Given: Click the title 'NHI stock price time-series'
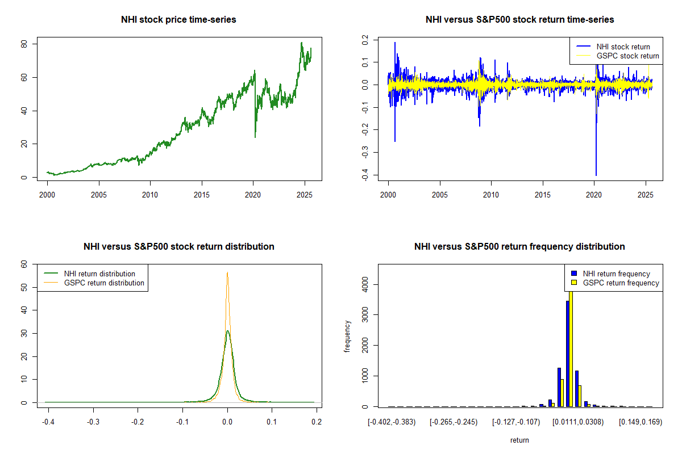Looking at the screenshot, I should click(178, 20).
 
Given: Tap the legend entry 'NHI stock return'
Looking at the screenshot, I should click(623, 47).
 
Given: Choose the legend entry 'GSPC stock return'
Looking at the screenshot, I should click(627, 56).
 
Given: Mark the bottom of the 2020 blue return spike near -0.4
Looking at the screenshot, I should click(596, 175).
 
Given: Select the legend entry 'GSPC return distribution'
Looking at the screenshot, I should click(104, 283).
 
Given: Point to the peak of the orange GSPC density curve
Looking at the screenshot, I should click(227, 273).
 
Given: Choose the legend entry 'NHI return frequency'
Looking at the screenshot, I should click(616, 274).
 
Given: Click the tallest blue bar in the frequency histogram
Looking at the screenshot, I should click(567, 352).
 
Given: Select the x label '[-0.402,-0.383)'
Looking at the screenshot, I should click(392, 423).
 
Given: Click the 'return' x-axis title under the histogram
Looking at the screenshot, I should click(519, 440).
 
